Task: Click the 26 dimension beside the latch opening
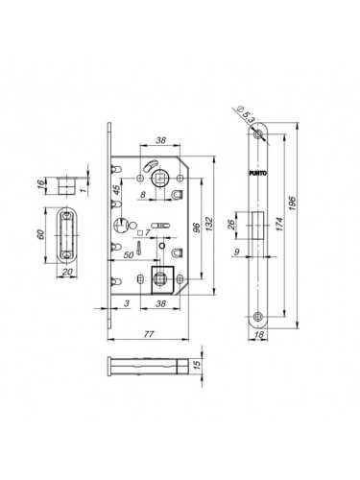(231, 228)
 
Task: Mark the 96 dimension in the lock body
(194, 230)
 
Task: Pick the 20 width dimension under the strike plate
(68, 273)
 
